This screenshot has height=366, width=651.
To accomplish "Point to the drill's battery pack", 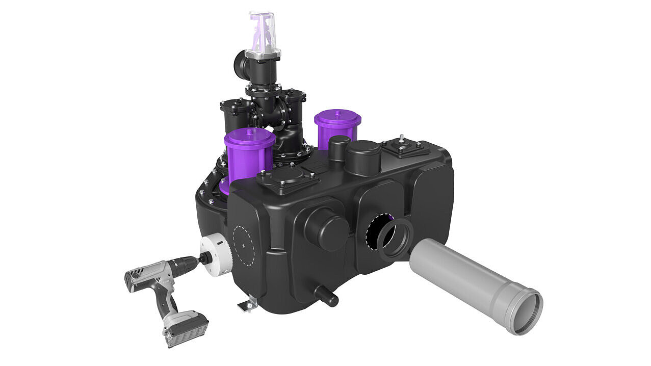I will (186, 329).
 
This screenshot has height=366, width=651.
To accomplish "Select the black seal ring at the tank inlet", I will (395, 239).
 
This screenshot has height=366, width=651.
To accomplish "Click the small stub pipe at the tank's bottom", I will (327, 296).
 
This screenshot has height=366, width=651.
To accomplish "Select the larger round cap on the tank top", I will (363, 156).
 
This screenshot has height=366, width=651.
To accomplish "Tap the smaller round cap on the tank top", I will (339, 146).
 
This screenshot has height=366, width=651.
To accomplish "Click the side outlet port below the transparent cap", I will (241, 64).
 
